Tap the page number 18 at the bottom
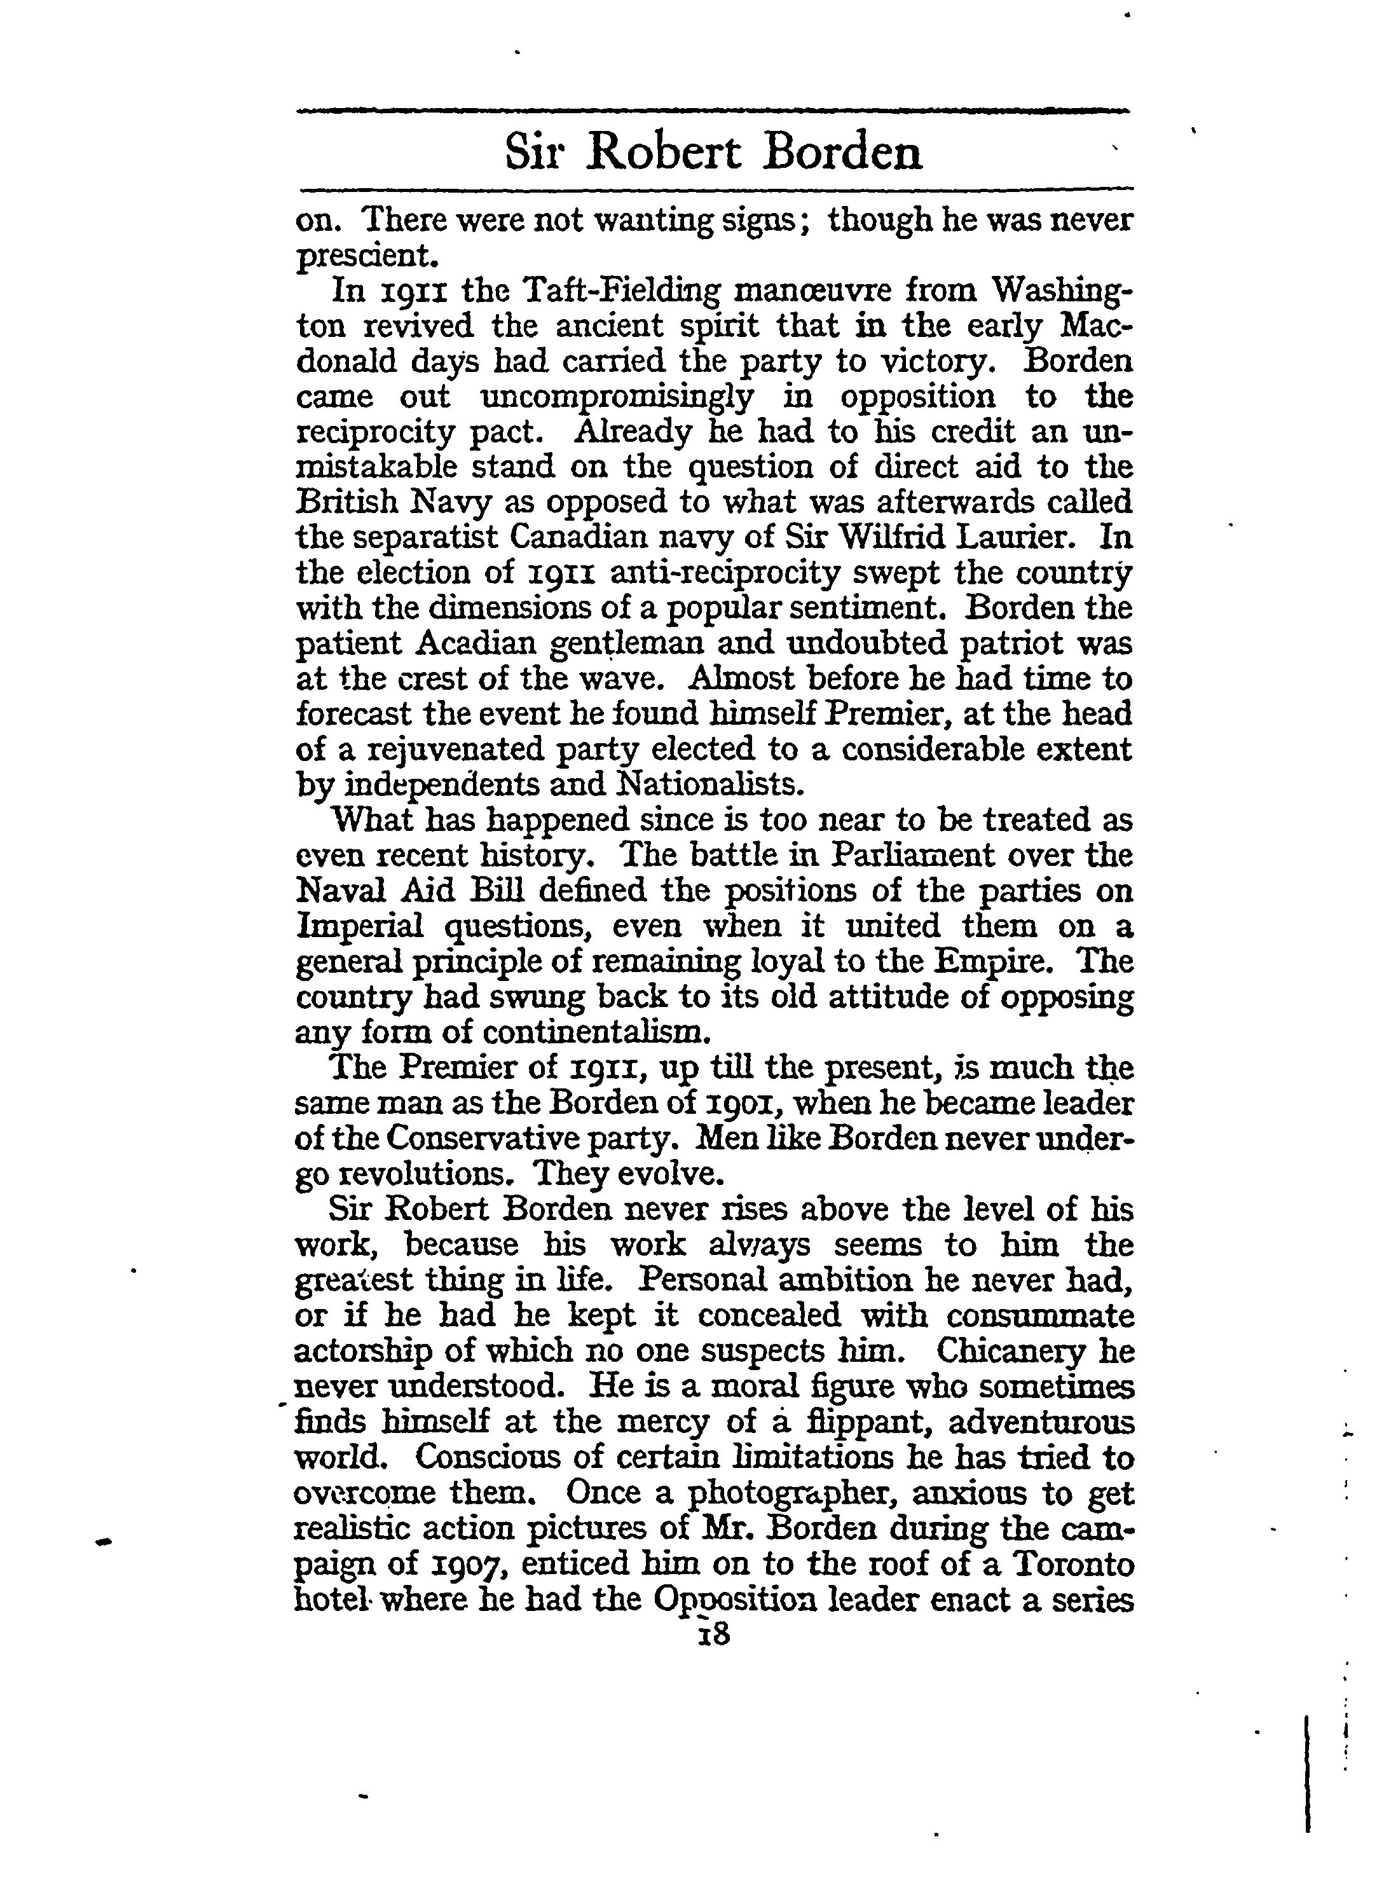712,1633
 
